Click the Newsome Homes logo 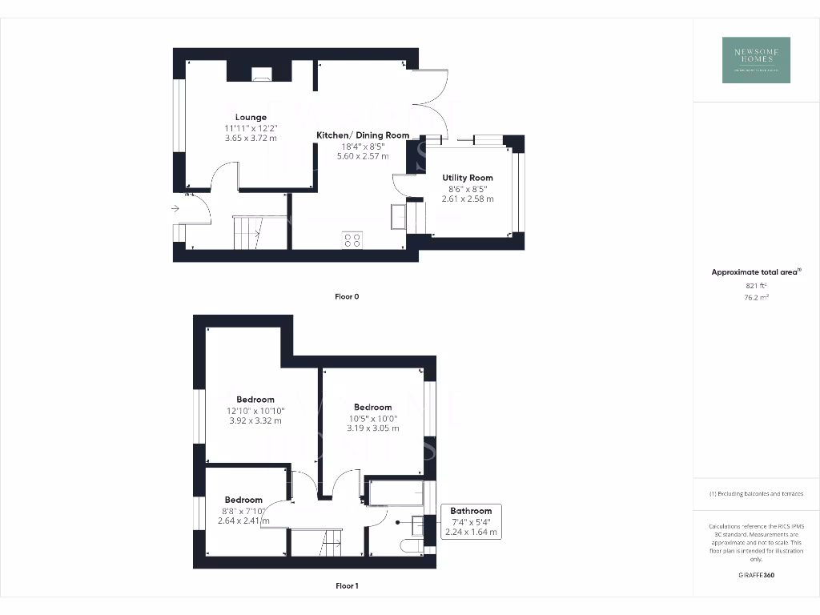pyautogui.click(x=756, y=60)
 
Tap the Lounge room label pyautogui.click(x=251, y=117)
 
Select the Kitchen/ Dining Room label pyautogui.click(x=363, y=135)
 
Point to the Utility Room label pyautogui.click(x=468, y=178)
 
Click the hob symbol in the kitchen pyautogui.click(x=352, y=239)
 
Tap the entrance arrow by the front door pyautogui.click(x=175, y=209)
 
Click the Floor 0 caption pyautogui.click(x=347, y=296)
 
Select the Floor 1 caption pyautogui.click(x=347, y=585)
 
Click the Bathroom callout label pyautogui.click(x=471, y=511)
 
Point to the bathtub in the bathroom pyautogui.click(x=395, y=493)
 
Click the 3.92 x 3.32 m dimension pyautogui.click(x=255, y=420)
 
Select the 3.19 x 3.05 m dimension pyautogui.click(x=373, y=428)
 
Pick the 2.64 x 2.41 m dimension pyautogui.click(x=243, y=521)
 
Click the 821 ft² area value pyautogui.click(x=756, y=285)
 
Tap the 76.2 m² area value pyautogui.click(x=756, y=297)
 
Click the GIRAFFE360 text pyautogui.click(x=756, y=575)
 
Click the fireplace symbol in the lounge pyautogui.click(x=261, y=75)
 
